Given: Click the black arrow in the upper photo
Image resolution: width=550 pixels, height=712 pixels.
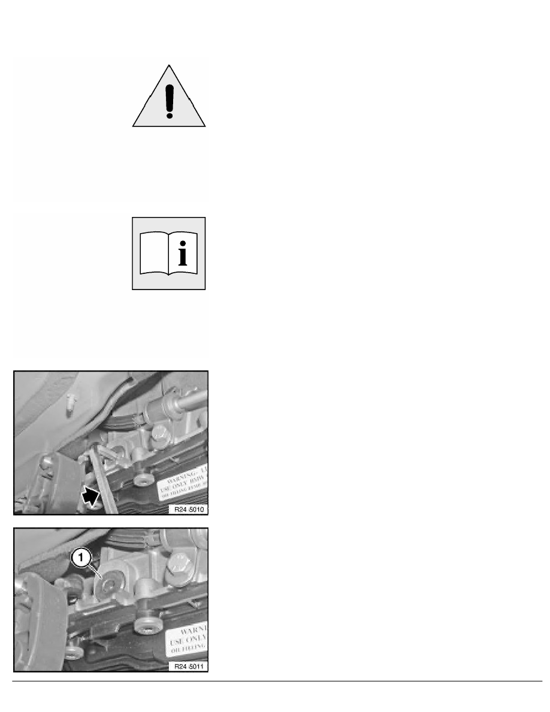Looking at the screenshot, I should (x=90, y=495).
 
